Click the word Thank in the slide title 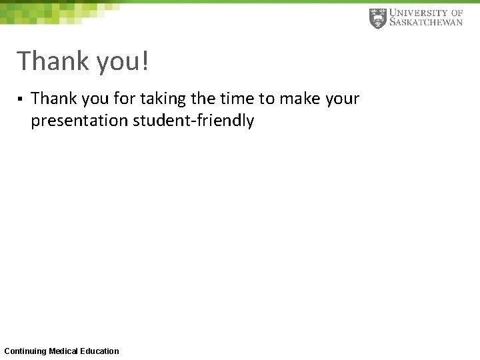pos(53,61)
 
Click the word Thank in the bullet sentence pos(54,99)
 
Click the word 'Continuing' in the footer pos(25,351)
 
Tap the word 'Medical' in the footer pos(63,351)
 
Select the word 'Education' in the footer pos(99,351)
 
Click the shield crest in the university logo pos(377,18)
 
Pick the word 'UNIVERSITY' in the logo pos(419,13)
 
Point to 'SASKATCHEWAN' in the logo pos(425,23)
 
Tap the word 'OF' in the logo pos(457,13)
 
